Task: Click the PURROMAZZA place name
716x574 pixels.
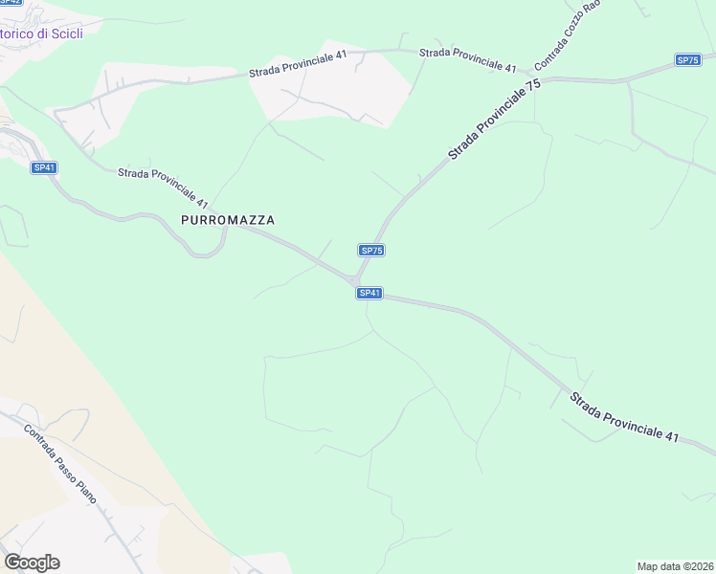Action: (228, 220)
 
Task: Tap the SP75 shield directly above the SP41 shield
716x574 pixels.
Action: (372, 250)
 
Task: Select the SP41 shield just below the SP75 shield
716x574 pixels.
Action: (369, 293)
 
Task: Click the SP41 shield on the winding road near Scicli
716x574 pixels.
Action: (44, 167)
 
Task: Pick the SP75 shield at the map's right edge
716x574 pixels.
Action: (687, 60)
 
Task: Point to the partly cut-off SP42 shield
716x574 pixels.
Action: (10, 3)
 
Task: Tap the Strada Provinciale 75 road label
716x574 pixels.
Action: (494, 120)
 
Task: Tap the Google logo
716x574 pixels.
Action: (32, 563)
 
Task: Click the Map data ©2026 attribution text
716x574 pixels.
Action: (675, 566)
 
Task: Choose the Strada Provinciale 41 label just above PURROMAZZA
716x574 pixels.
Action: (163, 188)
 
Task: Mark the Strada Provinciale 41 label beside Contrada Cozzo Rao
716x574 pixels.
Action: (468, 59)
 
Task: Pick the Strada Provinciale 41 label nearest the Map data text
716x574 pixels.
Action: (624, 416)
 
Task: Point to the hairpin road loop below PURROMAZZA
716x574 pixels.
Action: (203, 251)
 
